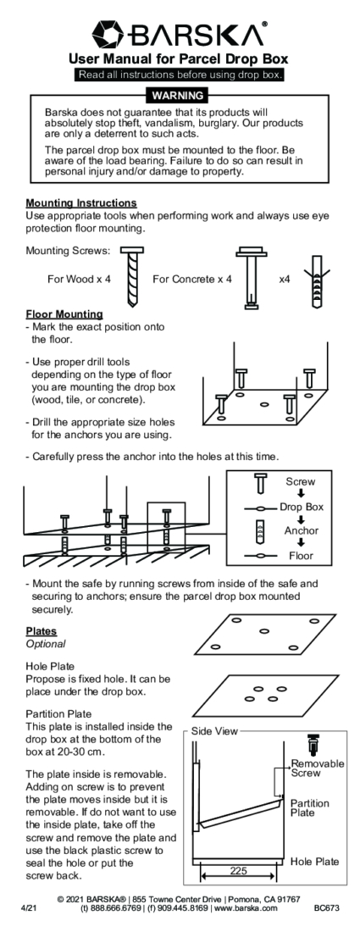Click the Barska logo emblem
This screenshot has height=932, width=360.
coord(108,34)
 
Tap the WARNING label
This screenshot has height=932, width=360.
coord(178,95)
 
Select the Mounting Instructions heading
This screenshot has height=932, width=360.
coord(80,204)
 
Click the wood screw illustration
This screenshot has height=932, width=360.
coord(132,276)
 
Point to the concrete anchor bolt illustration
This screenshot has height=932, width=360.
coord(252,278)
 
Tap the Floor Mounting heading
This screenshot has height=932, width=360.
coord(64,314)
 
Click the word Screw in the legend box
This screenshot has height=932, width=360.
coord(300,482)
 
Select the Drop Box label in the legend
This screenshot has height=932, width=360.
coord(302,507)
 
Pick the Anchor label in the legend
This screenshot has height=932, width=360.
coord(302,530)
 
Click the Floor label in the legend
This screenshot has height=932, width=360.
coord(302,557)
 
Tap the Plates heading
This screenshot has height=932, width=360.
coord(41,631)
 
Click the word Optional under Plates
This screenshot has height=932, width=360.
coord(46,644)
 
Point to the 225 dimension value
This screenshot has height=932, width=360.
coord(238,871)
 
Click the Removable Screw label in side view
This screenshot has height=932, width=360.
coord(318,768)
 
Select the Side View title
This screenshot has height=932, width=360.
coord(213,732)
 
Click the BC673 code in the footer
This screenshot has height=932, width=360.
coord(327,909)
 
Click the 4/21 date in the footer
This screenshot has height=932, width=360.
coord(29,909)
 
